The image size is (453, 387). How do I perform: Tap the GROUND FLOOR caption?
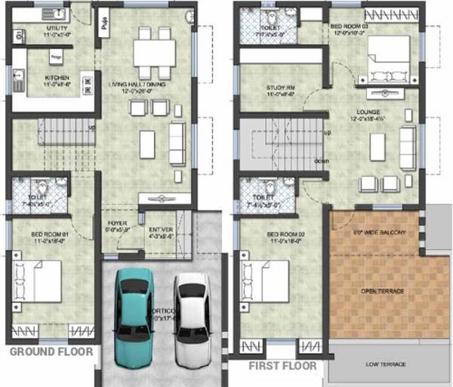51,352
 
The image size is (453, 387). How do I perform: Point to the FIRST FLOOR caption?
284,366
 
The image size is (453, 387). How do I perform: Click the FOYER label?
117,224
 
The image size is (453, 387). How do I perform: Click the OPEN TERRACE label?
382,291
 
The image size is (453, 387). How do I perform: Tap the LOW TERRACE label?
386,364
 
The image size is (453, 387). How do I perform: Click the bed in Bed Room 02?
264,281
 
